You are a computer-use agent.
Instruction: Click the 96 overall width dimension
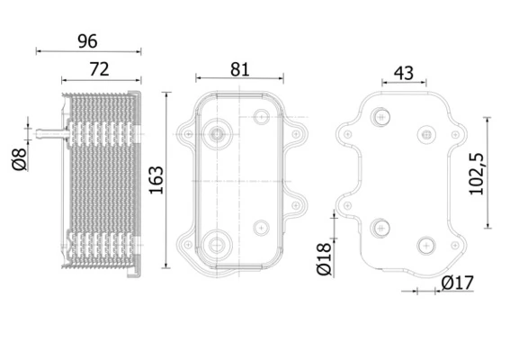(88, 40)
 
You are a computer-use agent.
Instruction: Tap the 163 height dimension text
(155, 181)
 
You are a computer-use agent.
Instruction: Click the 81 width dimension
(238, 67)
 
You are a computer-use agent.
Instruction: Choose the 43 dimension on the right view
(404, 72)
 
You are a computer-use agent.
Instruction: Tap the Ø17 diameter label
(457, 284)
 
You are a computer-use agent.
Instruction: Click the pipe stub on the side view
(49, 134)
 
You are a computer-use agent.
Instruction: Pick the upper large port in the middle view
(217, 134)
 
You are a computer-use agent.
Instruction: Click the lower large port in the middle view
(217, 243)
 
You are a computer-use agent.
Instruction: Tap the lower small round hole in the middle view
(261, 226)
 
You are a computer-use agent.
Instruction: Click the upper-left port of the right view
(383, 116)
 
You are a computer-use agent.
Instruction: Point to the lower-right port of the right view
(426, 243)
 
